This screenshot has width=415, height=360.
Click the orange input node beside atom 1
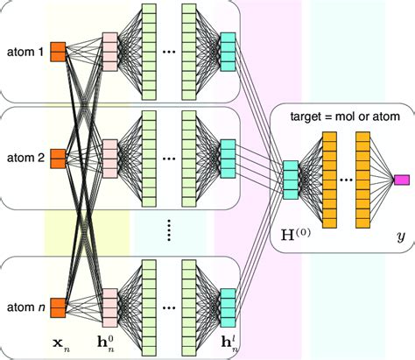pos(59,52)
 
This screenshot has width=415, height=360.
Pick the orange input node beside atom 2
pos(59,159)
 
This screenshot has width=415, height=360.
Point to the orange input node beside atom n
pos(59,307)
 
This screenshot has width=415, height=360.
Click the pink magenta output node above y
pos(402,180)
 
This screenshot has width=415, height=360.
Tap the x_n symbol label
pos(59,343)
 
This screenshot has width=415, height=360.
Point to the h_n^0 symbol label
pos(110,343)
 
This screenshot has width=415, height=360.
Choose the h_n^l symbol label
pos(229,343)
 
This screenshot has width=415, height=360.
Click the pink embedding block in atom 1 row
pos(110,52)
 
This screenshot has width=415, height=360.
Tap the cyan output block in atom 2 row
pos(229,159)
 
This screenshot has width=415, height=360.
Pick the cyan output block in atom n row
pos(229,307)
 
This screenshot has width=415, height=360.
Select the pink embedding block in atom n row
pos(110,307)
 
